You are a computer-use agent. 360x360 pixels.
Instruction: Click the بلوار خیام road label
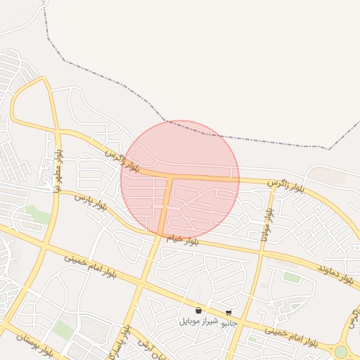click(183, 240)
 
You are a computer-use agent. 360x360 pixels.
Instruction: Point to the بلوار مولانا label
click(266, 224)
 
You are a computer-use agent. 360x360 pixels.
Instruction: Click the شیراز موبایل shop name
click(197, 321)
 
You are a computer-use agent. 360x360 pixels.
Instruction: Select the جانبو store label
click(229, 323)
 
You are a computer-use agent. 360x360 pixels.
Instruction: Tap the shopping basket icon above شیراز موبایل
click(198, 310)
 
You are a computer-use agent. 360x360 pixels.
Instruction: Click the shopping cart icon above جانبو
click(229, 313)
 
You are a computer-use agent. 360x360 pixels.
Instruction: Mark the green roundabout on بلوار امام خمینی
click(341, 351)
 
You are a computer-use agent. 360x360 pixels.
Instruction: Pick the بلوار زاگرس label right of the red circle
click(285, 186)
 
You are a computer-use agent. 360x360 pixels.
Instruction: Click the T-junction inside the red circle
click(171, 177)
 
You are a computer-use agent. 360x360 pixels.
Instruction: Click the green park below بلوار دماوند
click(291, 278)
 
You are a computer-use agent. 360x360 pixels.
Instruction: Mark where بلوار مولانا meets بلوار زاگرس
click(272, 188)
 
